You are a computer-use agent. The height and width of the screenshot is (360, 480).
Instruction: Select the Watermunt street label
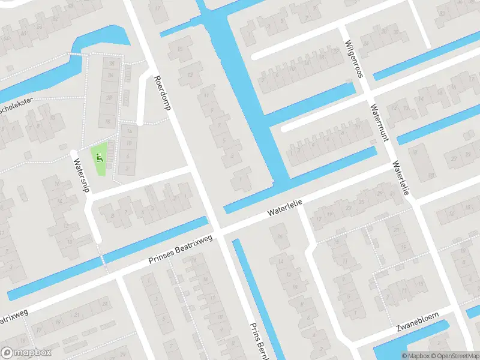pos(379,122)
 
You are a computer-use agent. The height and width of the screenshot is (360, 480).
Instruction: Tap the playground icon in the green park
pos(99,158)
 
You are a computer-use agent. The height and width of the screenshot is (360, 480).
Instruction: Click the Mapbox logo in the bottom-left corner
pos(26,353)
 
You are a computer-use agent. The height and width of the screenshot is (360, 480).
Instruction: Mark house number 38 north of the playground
pos(112,64)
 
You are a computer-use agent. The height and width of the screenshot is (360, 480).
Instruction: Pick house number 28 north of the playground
pos(109,98)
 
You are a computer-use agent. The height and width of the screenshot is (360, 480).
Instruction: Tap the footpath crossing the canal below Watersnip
pos(103,260)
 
